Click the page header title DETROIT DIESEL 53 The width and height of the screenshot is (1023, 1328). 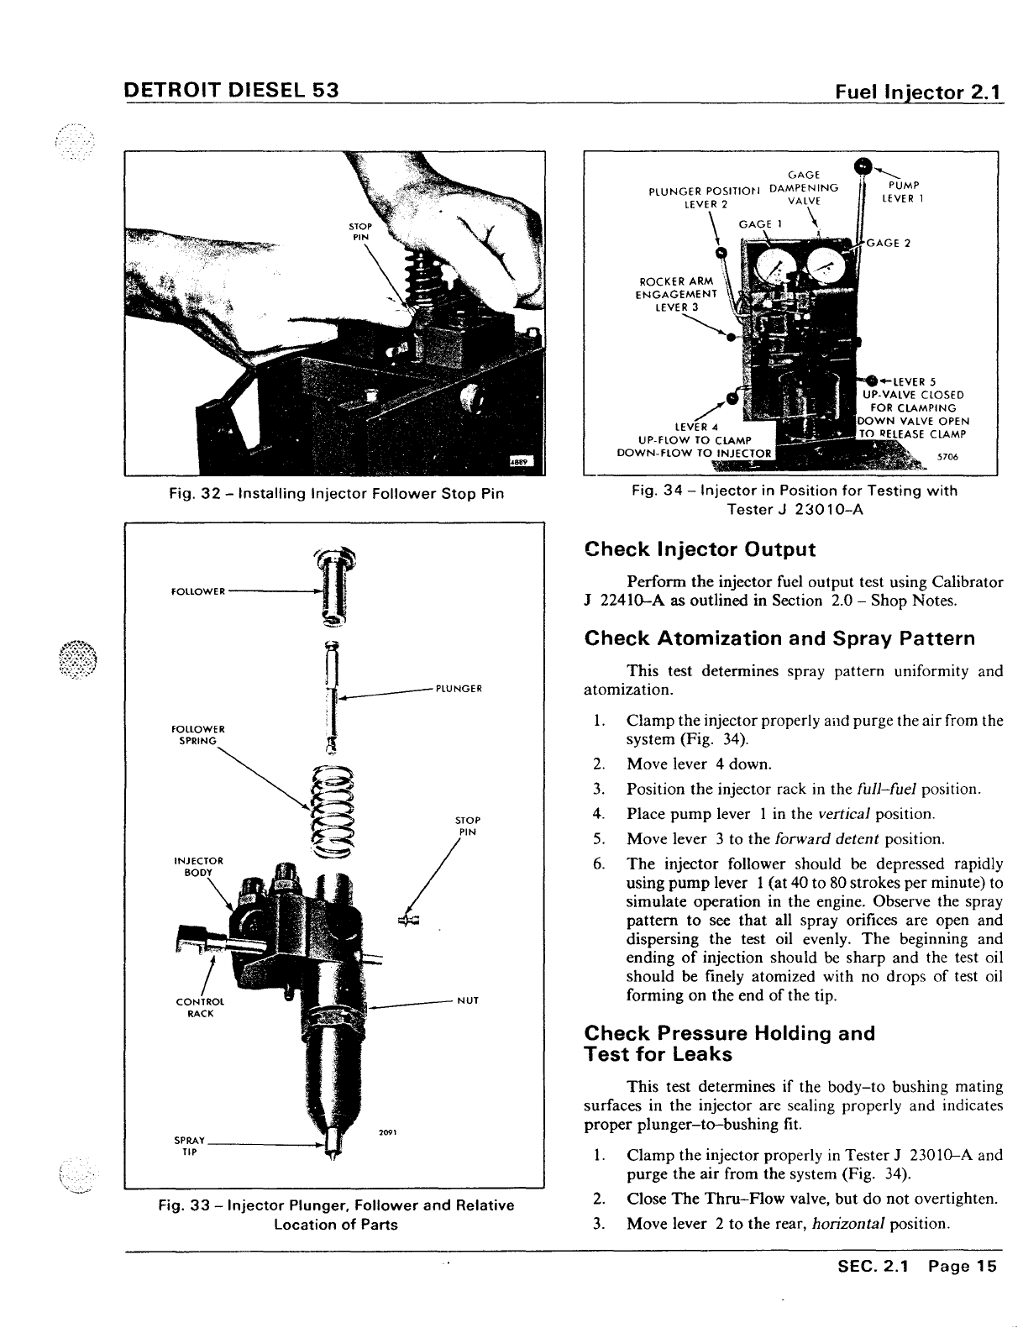pos(231,89)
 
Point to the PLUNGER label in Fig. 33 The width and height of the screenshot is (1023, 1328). pos(458,689)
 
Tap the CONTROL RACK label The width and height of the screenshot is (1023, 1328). pos(195,1007)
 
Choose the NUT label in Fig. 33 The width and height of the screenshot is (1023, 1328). pos(468,1000)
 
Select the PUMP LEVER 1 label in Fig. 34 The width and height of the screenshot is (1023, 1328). pos(903,192)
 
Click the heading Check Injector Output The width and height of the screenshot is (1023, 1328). pos(700,550)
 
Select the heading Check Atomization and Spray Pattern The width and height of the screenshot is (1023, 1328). pos(779,638)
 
